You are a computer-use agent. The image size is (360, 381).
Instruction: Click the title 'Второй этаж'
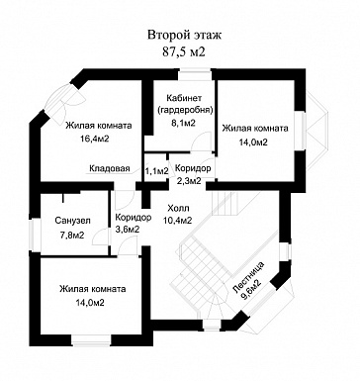184,35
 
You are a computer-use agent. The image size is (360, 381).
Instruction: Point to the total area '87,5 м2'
184,51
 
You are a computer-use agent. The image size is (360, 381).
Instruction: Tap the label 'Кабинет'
184,98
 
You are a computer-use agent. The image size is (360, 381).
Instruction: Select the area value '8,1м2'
184,123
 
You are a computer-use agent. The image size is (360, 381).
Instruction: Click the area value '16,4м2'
95,139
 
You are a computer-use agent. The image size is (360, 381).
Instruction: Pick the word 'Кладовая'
110,168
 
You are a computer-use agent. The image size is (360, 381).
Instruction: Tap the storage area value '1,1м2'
157,171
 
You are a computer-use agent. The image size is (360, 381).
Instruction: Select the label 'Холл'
178,208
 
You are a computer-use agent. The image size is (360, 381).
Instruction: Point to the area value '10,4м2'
177,221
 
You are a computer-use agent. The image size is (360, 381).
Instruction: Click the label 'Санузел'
72,220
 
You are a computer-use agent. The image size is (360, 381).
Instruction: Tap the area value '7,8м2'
72,236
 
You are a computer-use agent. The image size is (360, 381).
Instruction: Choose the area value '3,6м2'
127,230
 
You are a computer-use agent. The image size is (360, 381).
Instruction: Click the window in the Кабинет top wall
195,74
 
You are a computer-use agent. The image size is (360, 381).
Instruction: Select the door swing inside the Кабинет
201,143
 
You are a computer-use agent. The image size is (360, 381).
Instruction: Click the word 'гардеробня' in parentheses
185,110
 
